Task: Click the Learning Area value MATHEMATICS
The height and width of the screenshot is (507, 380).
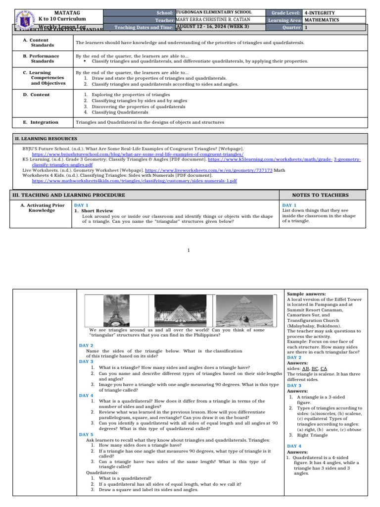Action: coord(322,20)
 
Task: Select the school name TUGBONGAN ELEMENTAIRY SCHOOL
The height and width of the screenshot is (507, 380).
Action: coord(214,12)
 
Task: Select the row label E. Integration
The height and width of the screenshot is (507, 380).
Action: coord(41,122)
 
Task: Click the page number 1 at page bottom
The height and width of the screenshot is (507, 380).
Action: coord(189,250)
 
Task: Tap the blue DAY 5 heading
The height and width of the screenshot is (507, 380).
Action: coord(87,434)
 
